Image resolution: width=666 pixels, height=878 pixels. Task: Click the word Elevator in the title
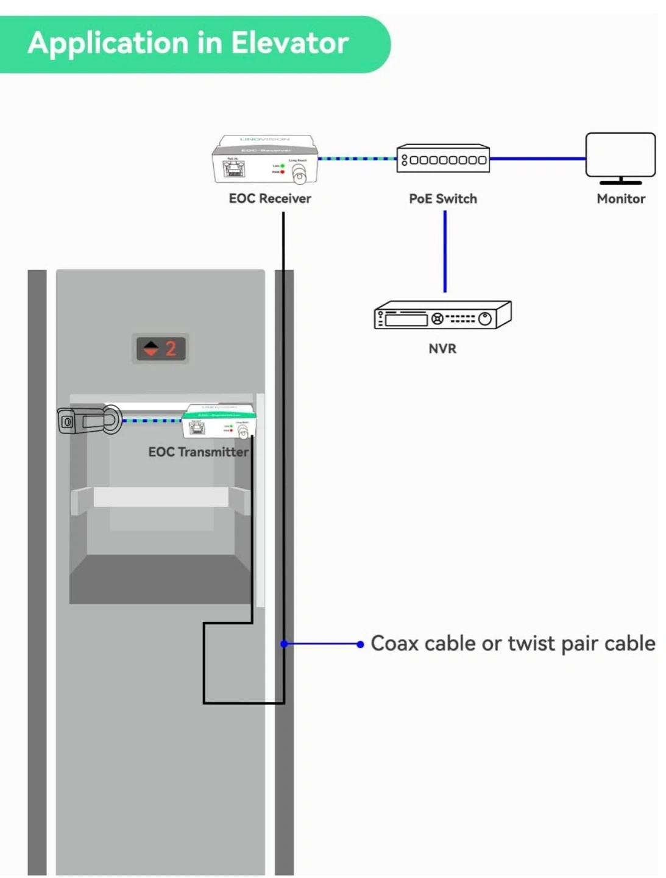click(x=289, y=43)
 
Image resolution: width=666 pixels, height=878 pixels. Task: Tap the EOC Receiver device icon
click(x=265, y=159)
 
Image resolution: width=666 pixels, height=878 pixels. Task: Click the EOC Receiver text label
click(x=270, y=199)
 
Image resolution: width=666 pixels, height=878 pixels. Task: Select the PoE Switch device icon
click(x=443, y=159)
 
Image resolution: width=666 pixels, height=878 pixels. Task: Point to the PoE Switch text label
click(x=443, y=199)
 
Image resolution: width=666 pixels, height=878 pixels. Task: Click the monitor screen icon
click(x=620, y=156)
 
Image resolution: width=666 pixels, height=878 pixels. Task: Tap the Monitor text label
click(x=621, y=199)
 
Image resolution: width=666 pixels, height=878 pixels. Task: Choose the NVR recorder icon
click(x=442, y=315)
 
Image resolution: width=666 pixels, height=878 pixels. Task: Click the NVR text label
click(x=442, y=349)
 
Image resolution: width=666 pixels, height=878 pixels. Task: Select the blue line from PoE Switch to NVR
click(x=445, y=251)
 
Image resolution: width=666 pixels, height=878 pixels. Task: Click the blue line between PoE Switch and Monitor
click(x=537, y=159)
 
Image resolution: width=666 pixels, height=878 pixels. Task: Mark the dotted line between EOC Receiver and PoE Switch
click(x=357, y=159)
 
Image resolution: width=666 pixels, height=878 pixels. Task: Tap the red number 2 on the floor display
click(x=171, y=348)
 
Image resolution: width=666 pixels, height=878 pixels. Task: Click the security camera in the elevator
click(x=89, y=420)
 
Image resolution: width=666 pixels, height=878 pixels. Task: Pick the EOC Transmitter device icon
click(x=219, y=421)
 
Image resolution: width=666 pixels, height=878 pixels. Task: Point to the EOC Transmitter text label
click(x=199, y=452)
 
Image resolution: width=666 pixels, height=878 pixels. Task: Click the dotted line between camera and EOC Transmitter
click(x=152, y=421)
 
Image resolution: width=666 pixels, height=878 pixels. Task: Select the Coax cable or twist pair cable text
click(x=513, y=643)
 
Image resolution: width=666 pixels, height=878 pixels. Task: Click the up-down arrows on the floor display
click(x=151, y=348)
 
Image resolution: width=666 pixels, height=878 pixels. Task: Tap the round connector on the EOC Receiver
click(x=299, y=175)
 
